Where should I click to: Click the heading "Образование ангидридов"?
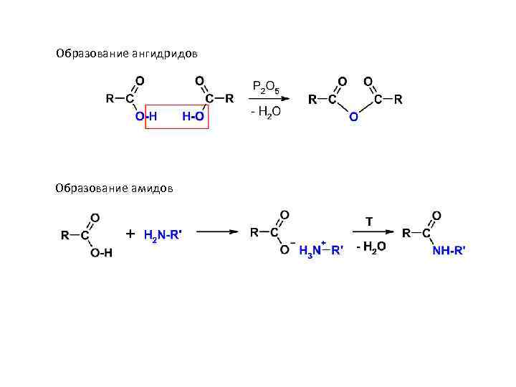(127, 54)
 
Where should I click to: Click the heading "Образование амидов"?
(113, 188)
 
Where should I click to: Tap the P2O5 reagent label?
(266, 87)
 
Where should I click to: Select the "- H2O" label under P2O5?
(265, 111)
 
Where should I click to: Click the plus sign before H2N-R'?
(130, 234)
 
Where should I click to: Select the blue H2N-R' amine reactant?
(162, 234)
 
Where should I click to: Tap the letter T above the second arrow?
(369, 221)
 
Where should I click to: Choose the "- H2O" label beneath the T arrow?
(371, 247)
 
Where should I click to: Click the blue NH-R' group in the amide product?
(449, 249)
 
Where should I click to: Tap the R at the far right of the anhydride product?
(398, 99)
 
